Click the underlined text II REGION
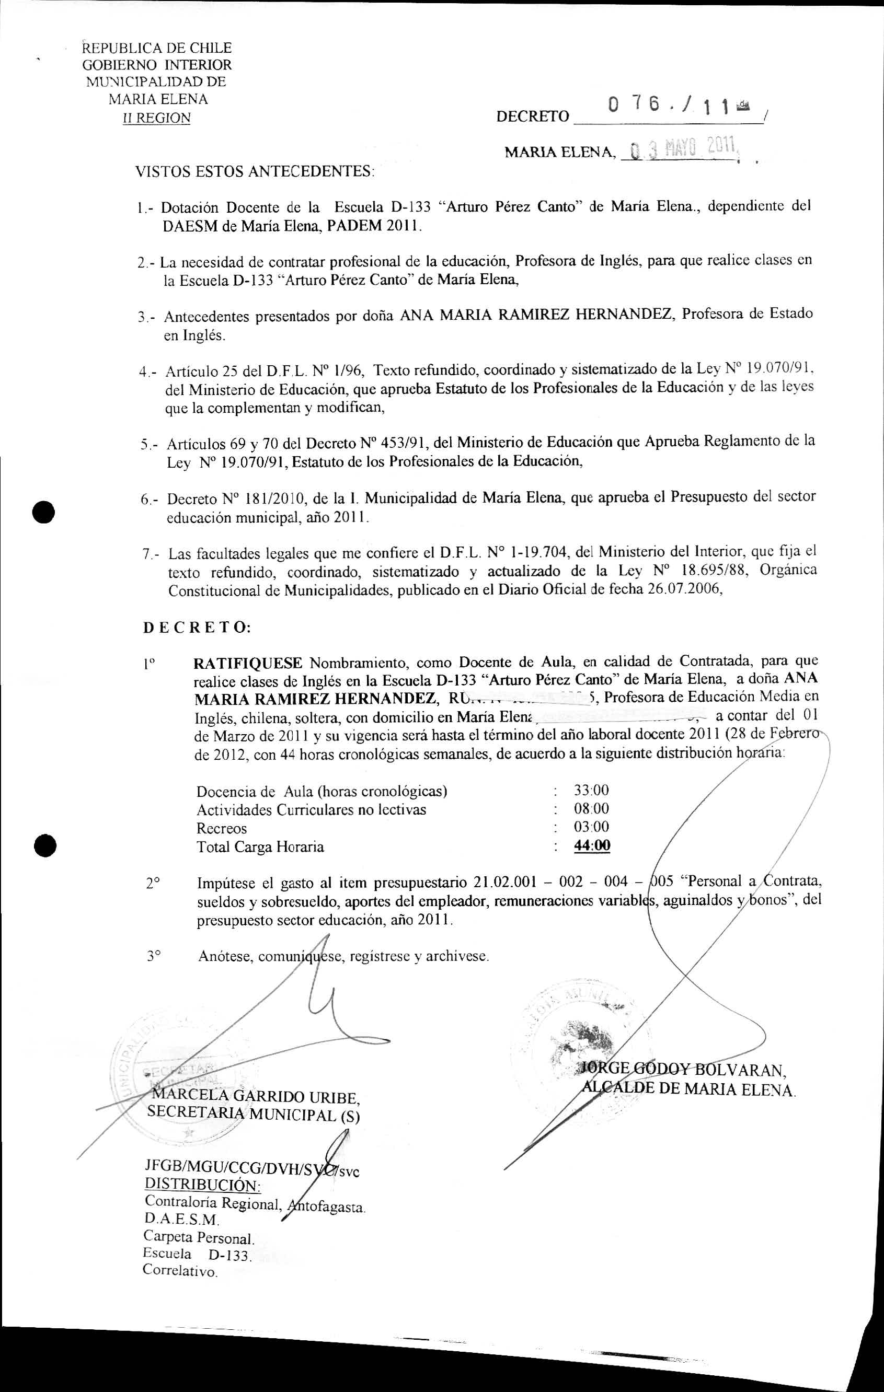point(157,118)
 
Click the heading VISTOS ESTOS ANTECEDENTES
point(255,172)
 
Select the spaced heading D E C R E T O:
point(197,628)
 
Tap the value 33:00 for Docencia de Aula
point(591,790)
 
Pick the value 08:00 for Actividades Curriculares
point(591,808)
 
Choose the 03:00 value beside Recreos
point(591,827)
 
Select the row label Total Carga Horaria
point(260,847)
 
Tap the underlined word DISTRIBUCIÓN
point(202,1185)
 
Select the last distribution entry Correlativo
point(180,1271)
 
